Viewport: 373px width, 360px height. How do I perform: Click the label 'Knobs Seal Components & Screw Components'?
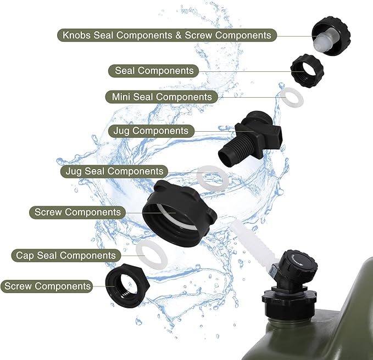click(x=167, y=35)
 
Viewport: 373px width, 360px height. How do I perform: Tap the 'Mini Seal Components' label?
click(x=162, y=97)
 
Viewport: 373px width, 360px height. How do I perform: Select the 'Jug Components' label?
click(x=151, y=131)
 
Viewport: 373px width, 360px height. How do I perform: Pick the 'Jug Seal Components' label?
click(x=114, y=171)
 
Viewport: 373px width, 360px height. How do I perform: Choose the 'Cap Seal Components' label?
click(x=66, y=255)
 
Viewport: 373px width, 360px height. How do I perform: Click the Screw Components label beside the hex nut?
click(x=47, y=286)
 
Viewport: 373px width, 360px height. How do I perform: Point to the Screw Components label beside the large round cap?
click(x=77, y=212)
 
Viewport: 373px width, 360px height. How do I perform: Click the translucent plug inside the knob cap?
click(x=321, y=41)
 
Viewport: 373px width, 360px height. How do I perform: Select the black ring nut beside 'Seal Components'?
click(x=307, y=71)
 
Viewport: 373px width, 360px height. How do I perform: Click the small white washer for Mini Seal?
click(x=292, y=97)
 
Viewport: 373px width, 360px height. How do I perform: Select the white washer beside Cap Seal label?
click(x=152, y=255)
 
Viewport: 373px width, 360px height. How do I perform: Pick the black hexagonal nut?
click(x=127, y=285)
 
